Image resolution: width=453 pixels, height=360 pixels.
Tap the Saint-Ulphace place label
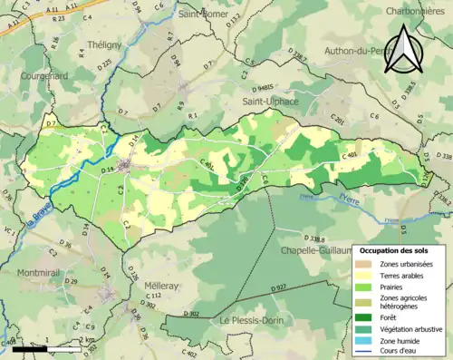[x=265, y=102]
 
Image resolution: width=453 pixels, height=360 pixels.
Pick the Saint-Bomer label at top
[x=204, y=14]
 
